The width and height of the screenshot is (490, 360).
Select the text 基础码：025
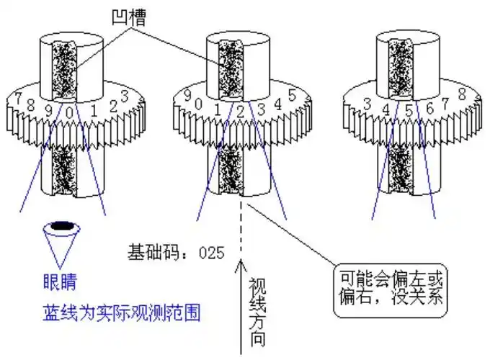tap(176, 252)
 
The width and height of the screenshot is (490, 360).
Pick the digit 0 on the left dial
tap(69, 112)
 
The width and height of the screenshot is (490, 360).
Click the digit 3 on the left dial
tap(124, 95)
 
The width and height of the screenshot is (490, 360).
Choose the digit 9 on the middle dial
tap(187, 96)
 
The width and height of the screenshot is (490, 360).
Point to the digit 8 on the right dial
tap(461, 94)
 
